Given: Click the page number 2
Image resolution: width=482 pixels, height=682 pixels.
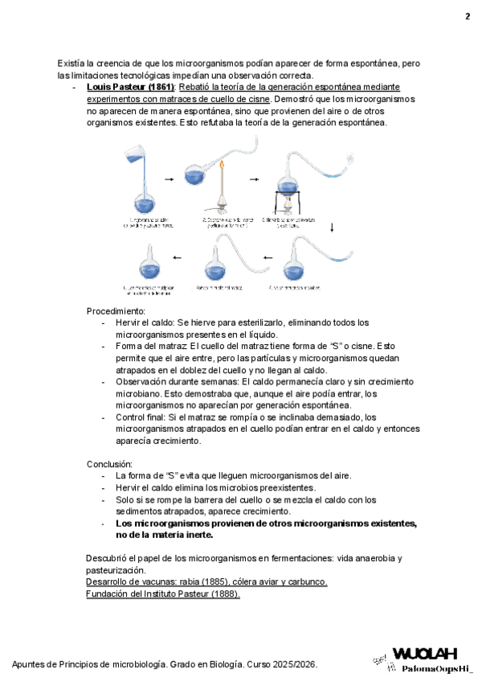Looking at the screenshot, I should click(467, 17).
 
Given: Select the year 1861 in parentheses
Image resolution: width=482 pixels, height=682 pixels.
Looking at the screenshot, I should click(159, 87).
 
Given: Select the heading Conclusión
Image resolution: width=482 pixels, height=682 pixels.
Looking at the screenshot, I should click(110, 464).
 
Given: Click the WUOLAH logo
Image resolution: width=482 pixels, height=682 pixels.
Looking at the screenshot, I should click(424, 653).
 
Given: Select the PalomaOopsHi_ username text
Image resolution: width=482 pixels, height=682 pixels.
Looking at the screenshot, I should click(436, 668).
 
